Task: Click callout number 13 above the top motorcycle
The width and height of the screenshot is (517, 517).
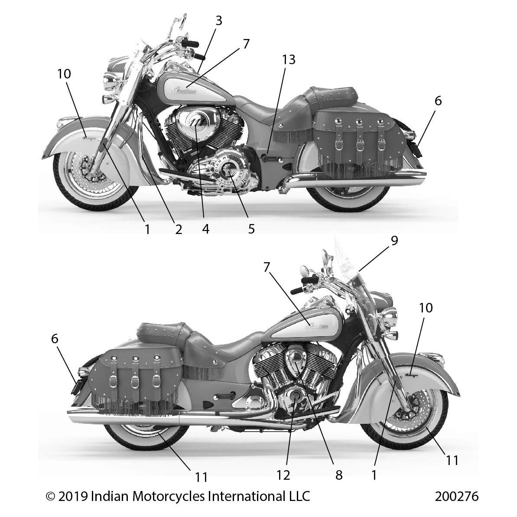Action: click(x=289, y=60)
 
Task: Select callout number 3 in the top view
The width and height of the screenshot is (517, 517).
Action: click(x=219, y=20)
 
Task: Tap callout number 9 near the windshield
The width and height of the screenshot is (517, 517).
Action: click(x=394, y=241)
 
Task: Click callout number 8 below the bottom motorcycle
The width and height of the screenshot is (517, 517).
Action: click(x=339, y=475)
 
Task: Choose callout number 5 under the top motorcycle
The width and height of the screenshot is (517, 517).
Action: click(x=251, y=228)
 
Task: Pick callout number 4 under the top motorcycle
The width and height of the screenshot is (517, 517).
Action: click(x=205, y=228)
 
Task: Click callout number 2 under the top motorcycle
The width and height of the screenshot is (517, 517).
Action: click(x=178, y=228)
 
